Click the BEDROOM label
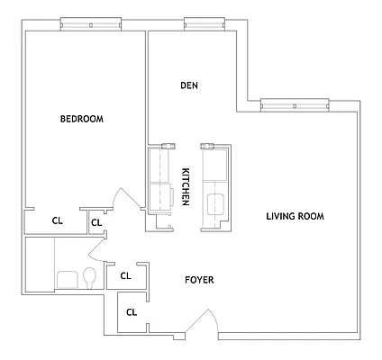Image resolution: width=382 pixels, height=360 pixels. [x=82, y=119]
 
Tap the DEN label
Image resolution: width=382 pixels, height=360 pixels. [x=188, y=85]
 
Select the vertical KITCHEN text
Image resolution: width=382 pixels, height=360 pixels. [x=186, y=187]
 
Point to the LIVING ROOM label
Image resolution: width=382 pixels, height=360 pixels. [x=295, y=216]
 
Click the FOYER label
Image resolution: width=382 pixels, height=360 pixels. [x=200, y=280]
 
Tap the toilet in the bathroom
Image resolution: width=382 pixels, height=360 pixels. [x=90, y=276]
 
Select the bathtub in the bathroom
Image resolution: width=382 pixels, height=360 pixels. [x=40, y=265]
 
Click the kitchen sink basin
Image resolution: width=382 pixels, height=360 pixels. [x=216, y=203]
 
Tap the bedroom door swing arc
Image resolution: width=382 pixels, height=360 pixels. [x=126, y=200]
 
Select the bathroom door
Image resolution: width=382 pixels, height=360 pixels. [x=99, y=247]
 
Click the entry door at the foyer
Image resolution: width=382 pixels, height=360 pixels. [x=205, y=322]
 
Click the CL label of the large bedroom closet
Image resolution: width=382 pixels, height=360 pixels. [x=57, y=220]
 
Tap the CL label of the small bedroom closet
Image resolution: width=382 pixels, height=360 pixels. [x=97, y=222]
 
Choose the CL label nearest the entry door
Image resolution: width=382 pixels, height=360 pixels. [x=132, y=312]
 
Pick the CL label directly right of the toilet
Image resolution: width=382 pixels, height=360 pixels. [x=126, y=276]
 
